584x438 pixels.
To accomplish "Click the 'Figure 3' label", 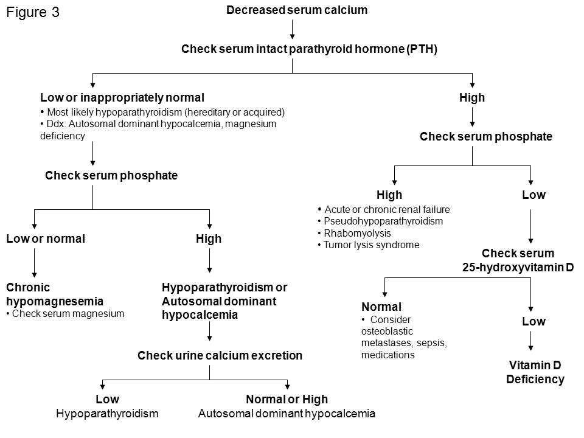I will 33,13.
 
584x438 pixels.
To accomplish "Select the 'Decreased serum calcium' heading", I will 296,10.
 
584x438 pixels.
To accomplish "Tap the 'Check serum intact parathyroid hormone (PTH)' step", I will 309,49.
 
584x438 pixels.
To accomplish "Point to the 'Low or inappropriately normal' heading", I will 122,97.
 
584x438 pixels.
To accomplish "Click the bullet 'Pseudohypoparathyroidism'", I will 383,221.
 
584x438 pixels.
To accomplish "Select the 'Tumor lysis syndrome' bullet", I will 371,245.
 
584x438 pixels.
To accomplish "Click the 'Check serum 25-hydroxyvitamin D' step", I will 518,260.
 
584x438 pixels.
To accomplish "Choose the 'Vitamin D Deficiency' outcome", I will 535,372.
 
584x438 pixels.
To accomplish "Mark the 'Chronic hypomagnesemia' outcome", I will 54,294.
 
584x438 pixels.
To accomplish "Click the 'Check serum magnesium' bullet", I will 68,314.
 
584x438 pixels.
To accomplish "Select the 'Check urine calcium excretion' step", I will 220,356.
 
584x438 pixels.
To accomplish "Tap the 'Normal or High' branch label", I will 287,400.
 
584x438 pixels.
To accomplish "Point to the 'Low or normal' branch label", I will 45,239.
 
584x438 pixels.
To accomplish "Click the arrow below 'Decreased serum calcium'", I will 293,29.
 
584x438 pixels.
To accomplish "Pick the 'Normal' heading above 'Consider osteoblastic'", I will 381,307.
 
